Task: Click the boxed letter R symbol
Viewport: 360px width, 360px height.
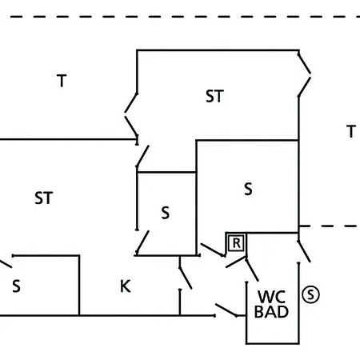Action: click(x=236, y=243)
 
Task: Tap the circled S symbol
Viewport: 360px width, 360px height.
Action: click(x=310, y=294)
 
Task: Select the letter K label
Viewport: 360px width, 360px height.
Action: click(x=126, y=286)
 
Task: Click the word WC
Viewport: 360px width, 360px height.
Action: click(x=271, y=297)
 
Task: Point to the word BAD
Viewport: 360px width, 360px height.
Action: click(x=271, y=312)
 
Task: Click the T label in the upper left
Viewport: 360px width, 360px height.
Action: click(x=62, y=81)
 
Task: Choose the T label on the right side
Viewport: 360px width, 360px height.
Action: click(x=351, y=131)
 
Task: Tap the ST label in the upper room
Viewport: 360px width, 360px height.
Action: click(x=214, y=96)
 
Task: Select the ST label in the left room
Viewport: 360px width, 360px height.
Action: click(x=44, y=198)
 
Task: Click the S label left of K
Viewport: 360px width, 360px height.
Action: click(x=16, y=286)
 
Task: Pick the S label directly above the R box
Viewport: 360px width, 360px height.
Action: click(x=248, y=189)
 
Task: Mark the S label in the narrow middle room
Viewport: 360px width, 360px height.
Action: click(x=166, y=213)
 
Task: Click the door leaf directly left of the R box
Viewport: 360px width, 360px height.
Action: click(x=213, y=250)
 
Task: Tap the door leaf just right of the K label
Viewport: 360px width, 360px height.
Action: click(x=186, y=278)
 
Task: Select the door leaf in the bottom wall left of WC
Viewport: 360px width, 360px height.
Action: click(x=226, y=310)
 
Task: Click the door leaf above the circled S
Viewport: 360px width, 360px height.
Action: click(x=304, y=251)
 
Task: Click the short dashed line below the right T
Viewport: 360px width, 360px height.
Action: click(x=330, y=226)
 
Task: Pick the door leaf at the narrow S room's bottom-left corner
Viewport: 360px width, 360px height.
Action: click(x=142, y=242)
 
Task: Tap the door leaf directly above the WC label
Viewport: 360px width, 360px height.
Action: click(x=252, y=270)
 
